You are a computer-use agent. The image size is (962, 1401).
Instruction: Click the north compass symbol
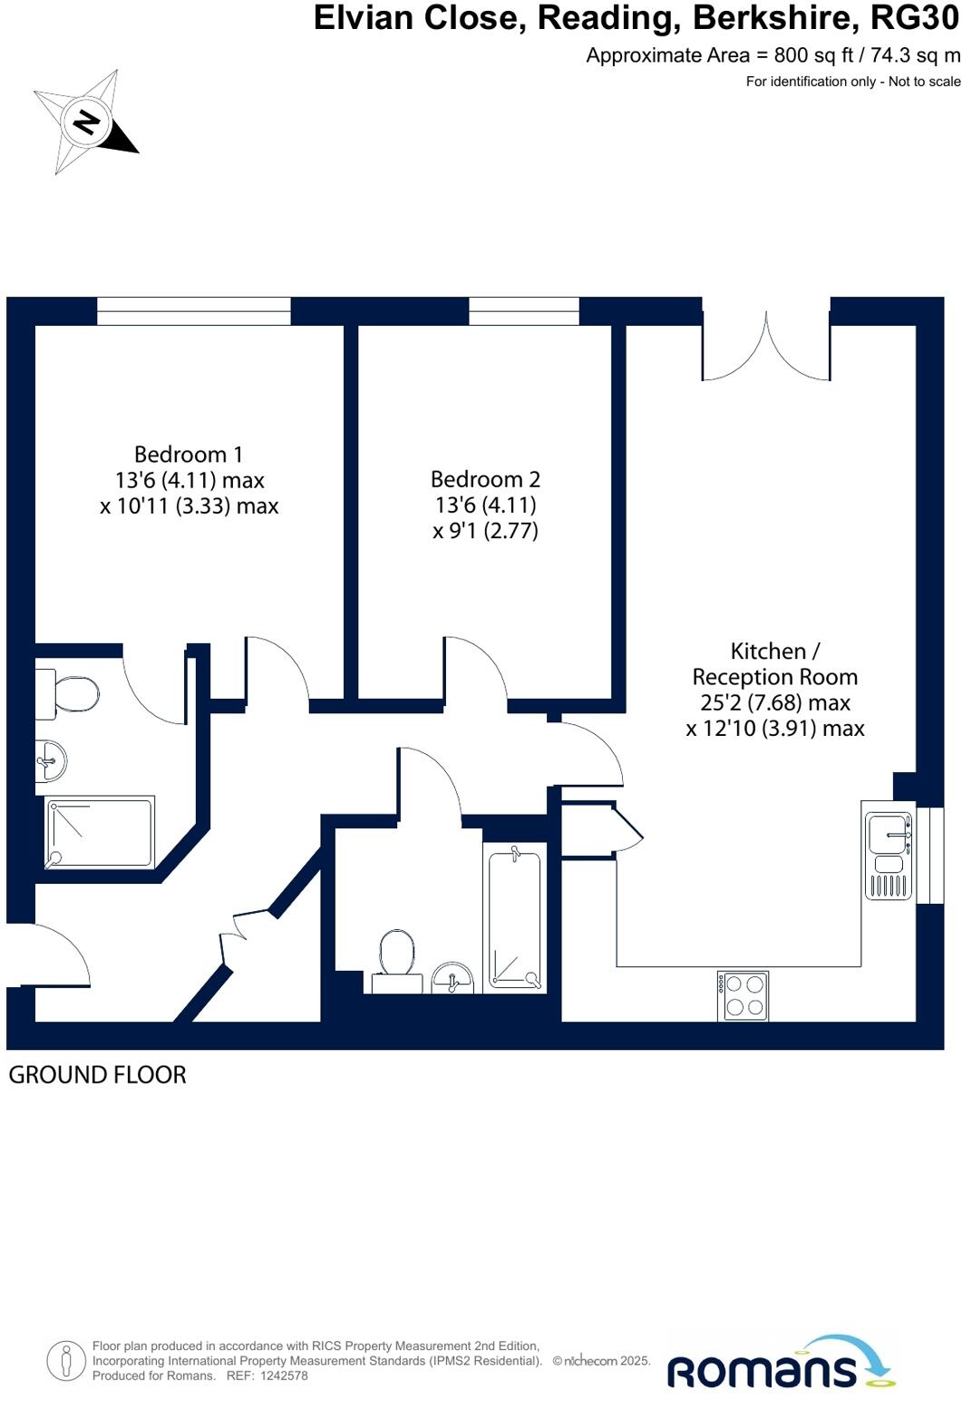(86, 122)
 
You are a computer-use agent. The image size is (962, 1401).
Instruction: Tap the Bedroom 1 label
(189, 455)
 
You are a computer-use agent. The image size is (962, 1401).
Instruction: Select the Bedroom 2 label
(485, 479)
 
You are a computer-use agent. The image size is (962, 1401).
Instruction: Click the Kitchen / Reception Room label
(774, 664)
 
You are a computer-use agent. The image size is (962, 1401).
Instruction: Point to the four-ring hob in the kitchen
(743, 995)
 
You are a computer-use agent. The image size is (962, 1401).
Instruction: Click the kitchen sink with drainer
(888, 849)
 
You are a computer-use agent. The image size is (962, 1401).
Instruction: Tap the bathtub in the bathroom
(514, 916)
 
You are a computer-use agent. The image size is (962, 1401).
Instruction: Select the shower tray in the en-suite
(100, 831)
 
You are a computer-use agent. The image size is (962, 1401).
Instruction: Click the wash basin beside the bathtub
(452, 978)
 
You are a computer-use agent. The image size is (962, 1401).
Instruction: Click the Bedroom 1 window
(193, 310)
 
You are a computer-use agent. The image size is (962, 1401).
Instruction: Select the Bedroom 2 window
(523, 310)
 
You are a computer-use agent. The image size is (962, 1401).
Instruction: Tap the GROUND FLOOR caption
(97, 1075)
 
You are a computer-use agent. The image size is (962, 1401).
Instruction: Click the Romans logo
(781, 1363)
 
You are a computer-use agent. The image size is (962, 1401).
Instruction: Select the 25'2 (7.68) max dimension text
(775, 702)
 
